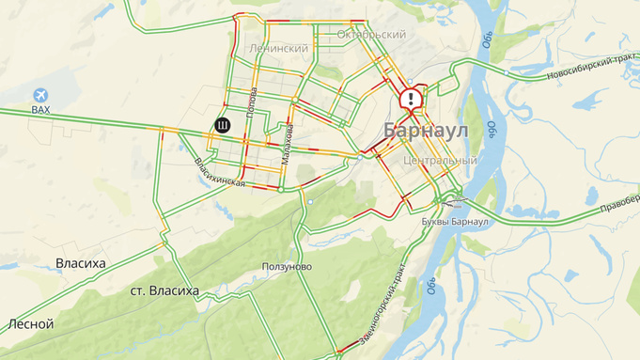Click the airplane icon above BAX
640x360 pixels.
click(x=40, y=95)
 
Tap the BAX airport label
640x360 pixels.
click(x=40, y=110)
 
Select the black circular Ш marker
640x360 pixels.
click(x=222, y=125)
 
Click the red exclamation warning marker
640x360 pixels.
click(x=412, y=99)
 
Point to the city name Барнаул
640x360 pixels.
click(x=425, y=132)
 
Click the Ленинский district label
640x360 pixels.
click(x=279, y=48)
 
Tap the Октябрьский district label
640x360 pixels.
click(x=370, y=35)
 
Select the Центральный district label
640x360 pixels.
click(x=439, y=161)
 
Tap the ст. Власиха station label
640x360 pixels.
click(x=164, y=291)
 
